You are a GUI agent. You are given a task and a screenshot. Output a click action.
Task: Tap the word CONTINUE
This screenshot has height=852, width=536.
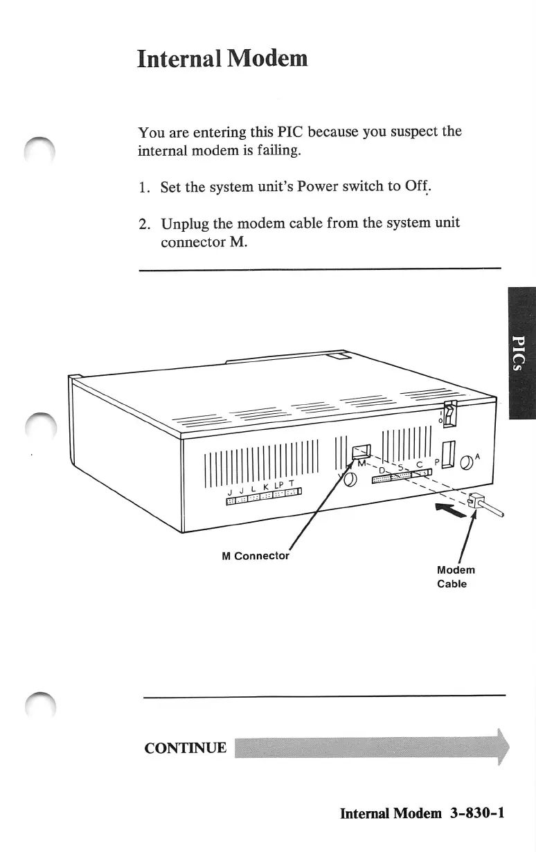click(x=185, y=747)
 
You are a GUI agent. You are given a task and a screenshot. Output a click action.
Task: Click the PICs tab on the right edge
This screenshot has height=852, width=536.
click(x=521, y=353)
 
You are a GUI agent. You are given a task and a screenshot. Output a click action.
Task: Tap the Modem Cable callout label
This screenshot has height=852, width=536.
click(x=456, y=577)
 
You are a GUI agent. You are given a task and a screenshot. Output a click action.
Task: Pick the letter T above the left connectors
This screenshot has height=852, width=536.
click(x=292, y=482)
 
